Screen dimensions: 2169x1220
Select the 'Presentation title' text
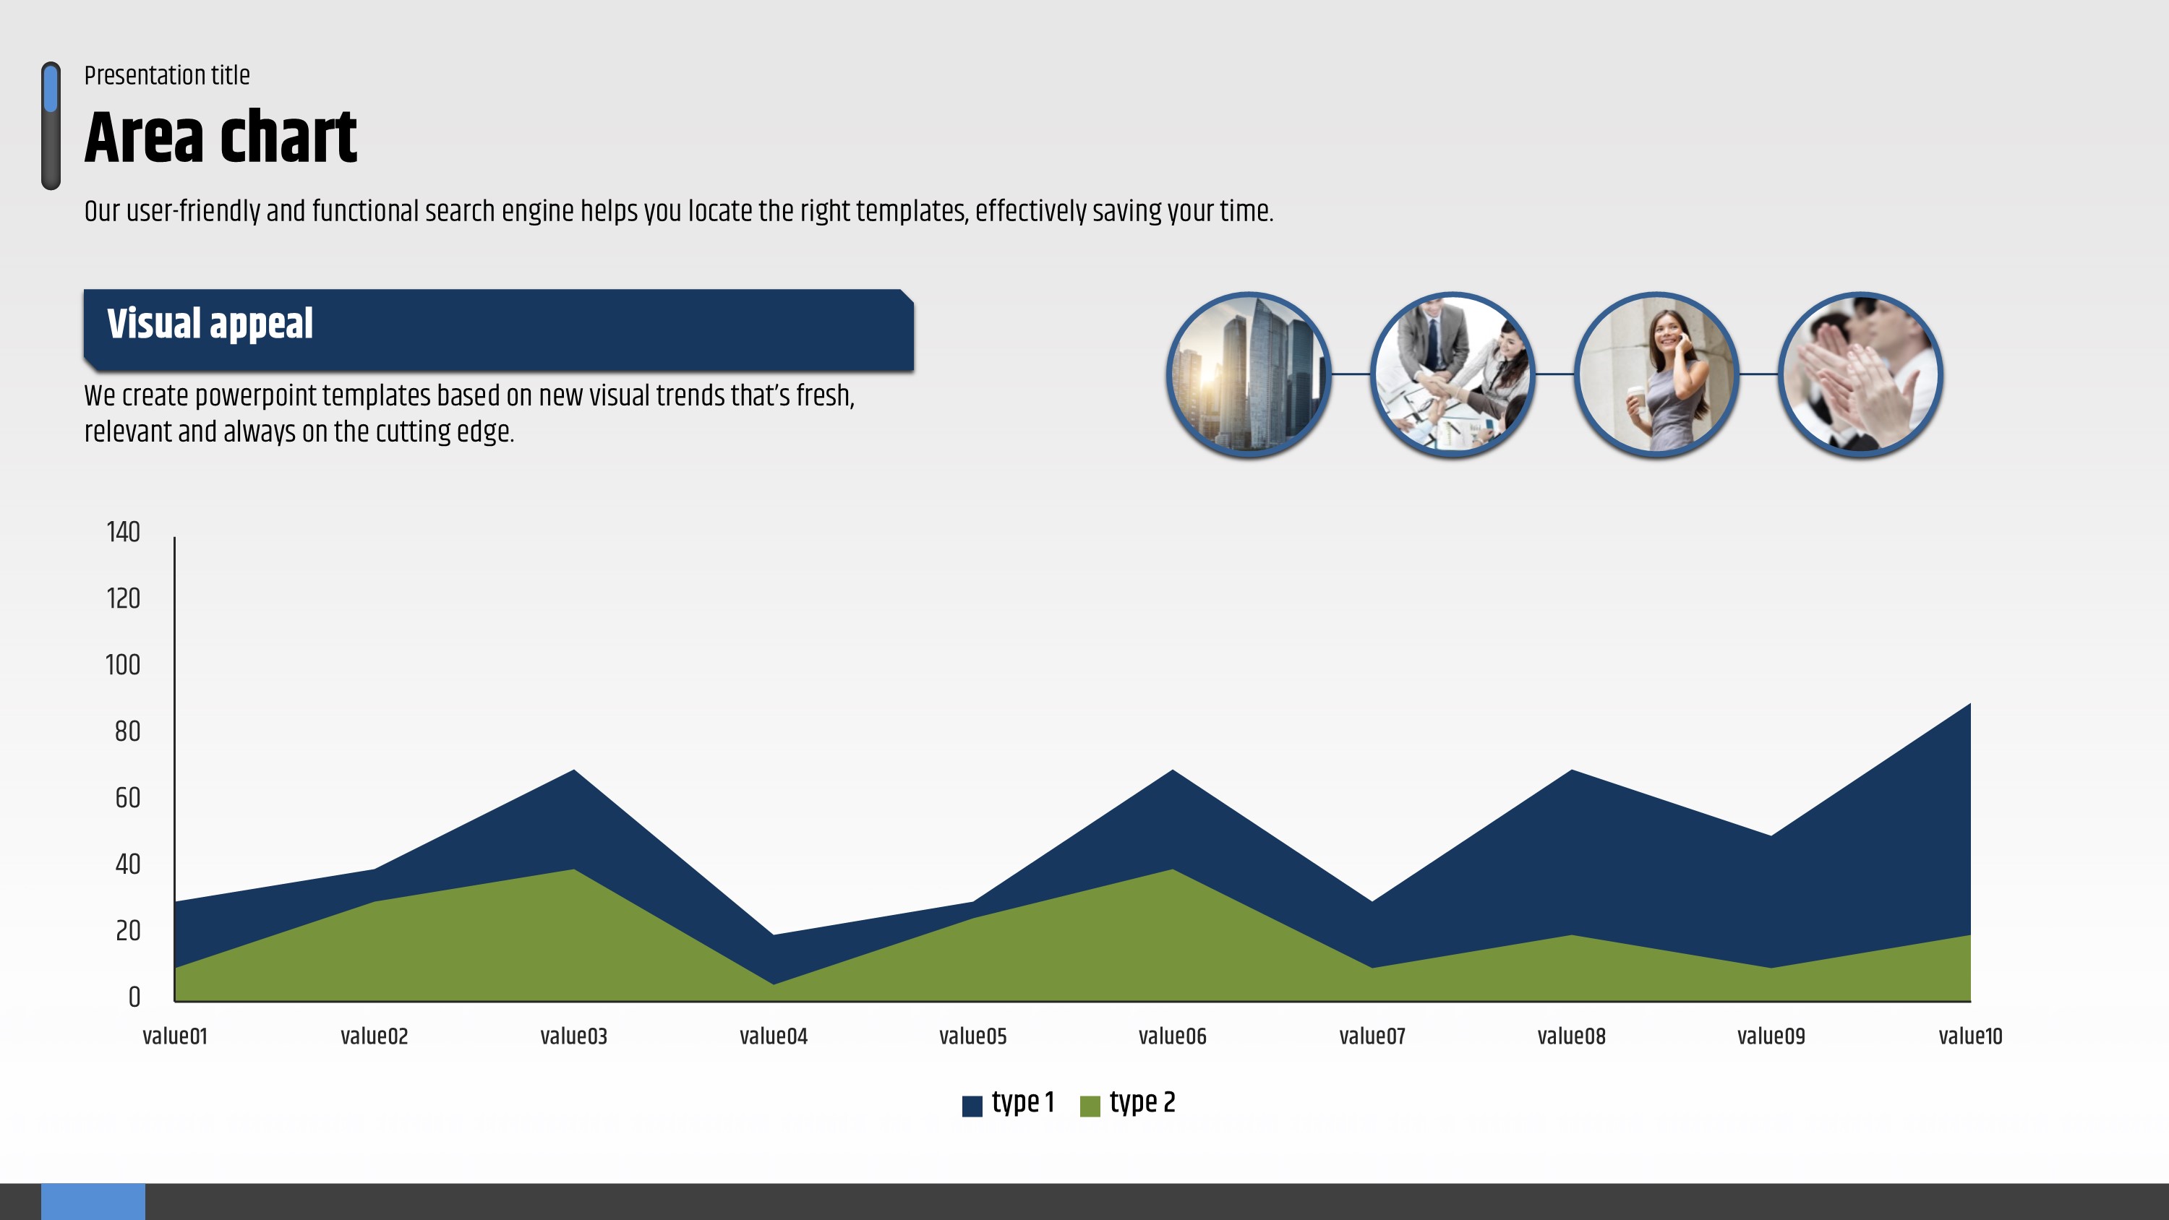167,76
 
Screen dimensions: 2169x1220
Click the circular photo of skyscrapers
1248,374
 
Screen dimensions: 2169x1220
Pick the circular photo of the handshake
1453,374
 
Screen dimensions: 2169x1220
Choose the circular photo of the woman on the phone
1656,374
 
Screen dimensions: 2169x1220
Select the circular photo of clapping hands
1861,374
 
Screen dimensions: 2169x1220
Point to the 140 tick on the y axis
123,532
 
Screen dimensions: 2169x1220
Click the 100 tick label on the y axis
123,665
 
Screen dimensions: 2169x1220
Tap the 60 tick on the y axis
128,798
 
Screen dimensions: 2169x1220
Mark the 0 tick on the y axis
134,997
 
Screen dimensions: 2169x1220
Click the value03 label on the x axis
573,1036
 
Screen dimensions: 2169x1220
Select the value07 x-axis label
1372,1036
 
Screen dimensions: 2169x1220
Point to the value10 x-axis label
1970,1036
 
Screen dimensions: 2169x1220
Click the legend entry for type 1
1009,1103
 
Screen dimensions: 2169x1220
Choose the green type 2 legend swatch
1090,1107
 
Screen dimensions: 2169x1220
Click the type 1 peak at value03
574,770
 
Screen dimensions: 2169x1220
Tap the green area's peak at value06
1173,869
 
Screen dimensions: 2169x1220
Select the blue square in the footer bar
93,1201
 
